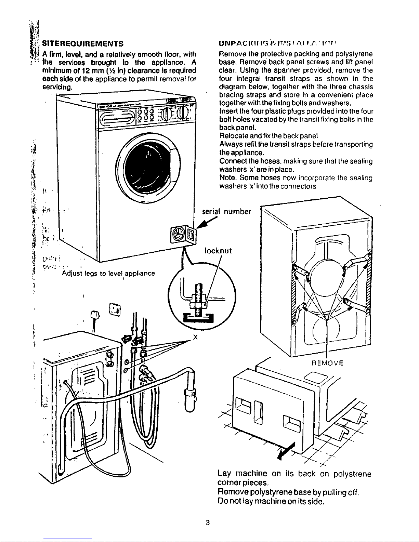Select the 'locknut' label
click(218, 251)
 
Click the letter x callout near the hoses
click(195, 337)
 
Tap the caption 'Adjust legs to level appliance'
click(108, 273)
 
